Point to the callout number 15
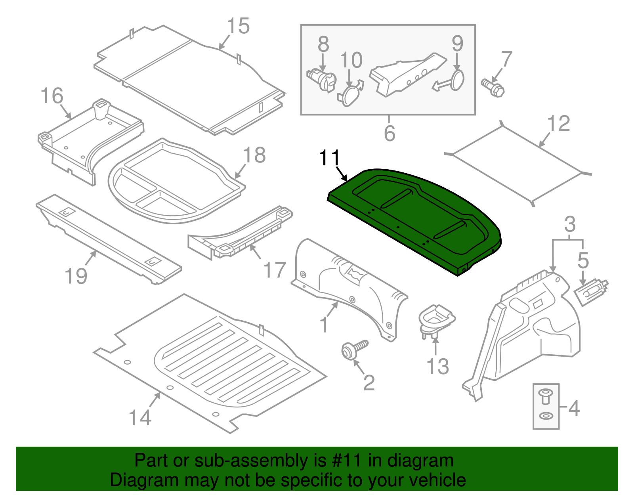click(238, 26)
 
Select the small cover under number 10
click(349, 95)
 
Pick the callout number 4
click(574, 408)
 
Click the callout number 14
click(140, 418)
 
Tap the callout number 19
click(76, 276)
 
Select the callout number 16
click(52, 96)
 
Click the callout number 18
click(254, 155)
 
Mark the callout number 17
click(274, 270)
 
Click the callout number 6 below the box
click(389, 133)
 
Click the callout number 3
click(569, 225)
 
